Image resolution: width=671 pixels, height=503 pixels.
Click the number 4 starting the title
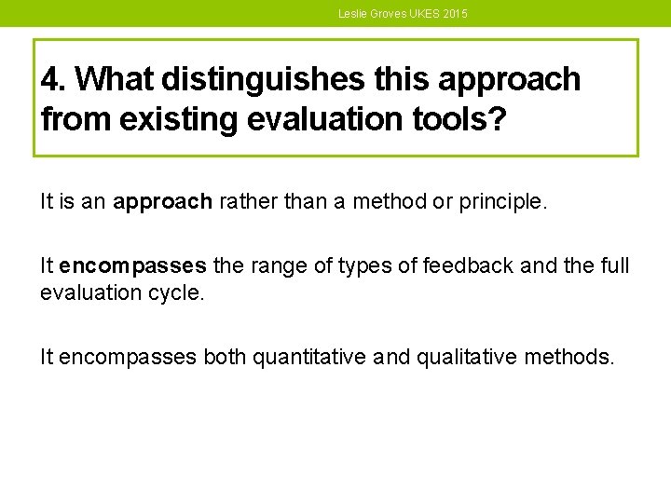pos(50,81)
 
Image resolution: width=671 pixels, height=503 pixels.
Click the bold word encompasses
pos(132,266)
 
